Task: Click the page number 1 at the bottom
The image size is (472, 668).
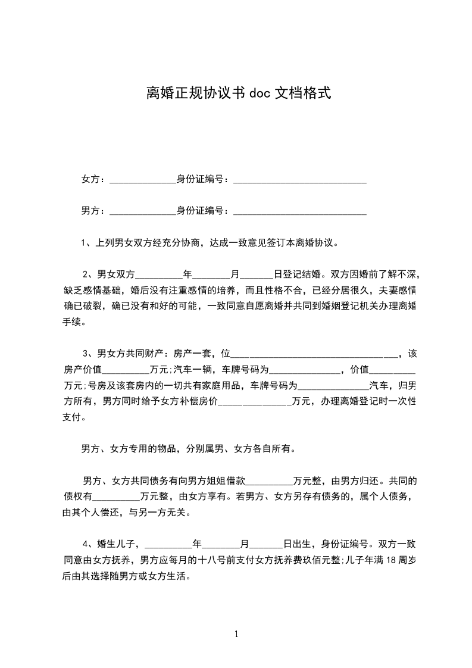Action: (x=236, y=633)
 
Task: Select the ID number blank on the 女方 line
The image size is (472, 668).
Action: (x=299, y=180)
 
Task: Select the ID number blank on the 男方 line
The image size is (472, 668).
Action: (x=299, y=211)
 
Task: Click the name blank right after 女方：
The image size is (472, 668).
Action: (x=143, y=180)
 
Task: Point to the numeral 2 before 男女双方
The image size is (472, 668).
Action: (x=86, y=274)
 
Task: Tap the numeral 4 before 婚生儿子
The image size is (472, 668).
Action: (x=86, y=544)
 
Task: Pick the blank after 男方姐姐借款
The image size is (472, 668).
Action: (x=269, y=481)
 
